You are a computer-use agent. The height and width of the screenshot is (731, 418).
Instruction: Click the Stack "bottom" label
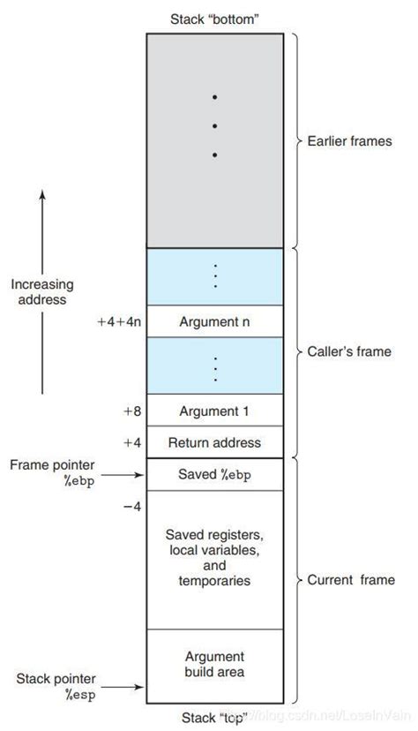[214, 19]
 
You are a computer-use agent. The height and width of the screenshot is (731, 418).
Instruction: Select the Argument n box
[214, 320]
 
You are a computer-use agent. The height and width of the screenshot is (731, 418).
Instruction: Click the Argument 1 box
[214, 411]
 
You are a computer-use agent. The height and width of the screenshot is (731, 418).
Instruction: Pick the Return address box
[214, 441]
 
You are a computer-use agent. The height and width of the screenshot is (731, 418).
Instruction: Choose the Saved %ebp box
[214, 474]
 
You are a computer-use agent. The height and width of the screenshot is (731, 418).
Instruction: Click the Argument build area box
[214, 664]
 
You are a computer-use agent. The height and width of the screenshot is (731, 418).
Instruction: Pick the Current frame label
[350, 580]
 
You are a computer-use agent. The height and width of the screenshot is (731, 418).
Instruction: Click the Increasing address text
[42, 292]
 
